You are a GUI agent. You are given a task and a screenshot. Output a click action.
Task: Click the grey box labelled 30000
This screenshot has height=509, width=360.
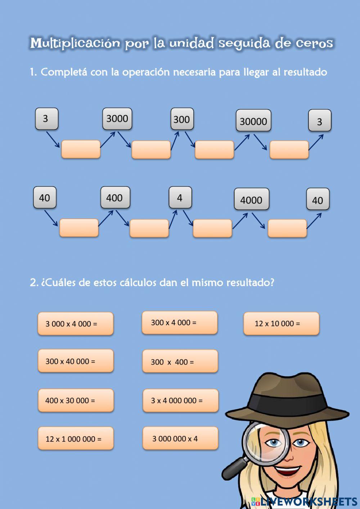[253, 121]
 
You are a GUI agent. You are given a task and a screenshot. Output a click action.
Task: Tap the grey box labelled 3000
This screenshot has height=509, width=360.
[117, 119]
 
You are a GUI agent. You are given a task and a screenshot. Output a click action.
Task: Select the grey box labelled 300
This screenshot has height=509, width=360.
[182, 119]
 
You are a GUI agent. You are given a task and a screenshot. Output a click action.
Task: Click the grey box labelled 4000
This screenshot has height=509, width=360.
[252, 199]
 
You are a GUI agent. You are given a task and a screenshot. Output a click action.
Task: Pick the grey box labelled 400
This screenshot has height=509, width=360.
[115, 197]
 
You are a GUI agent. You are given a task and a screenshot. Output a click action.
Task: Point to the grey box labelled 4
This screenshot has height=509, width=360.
[180, 197]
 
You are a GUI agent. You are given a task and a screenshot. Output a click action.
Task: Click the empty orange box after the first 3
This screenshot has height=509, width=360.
[81, 149]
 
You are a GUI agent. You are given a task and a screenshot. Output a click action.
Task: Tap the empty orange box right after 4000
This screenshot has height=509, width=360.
[287, 228]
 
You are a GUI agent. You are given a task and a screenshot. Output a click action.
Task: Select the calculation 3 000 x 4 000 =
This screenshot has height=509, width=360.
[76, 323]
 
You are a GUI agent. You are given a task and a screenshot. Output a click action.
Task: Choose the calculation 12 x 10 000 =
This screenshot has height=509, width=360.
[281, 323]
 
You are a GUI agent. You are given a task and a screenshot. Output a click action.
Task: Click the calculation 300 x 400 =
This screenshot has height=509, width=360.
[180, 361]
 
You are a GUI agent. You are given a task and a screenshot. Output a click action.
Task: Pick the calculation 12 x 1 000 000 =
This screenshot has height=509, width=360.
[76, 438]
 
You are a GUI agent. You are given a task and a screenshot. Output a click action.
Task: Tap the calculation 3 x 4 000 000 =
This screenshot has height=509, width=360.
[180, 400]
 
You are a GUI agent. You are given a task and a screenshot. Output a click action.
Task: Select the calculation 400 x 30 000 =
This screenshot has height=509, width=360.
[76, 400]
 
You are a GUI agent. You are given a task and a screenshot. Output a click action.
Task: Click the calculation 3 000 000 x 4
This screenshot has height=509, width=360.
[180, 438]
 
